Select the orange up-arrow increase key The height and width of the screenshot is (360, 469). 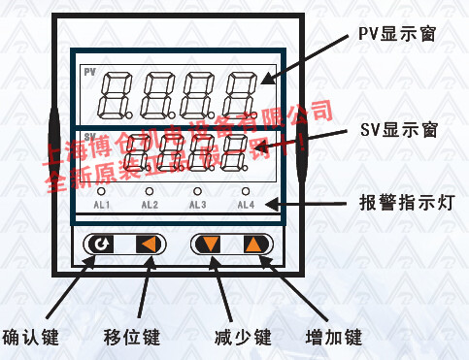click(x=253, y=244)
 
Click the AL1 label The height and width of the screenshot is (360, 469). click(x=101, y=205)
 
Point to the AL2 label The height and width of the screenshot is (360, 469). click(x=150, y=205)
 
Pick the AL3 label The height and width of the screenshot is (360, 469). click(x=197, y=205)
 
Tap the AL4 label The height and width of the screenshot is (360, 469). click(x=246, y=205)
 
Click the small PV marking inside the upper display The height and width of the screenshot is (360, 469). click(x=90, y=74)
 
